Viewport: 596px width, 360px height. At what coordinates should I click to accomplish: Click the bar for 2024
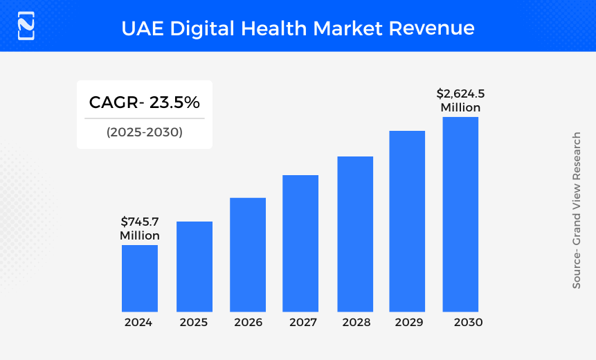coord(140,278)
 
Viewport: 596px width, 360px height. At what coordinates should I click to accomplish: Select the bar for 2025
coord(195,267)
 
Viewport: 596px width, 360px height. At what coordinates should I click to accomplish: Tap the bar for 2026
coord(248,255)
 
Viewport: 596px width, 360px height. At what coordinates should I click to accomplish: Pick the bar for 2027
coord(300,243)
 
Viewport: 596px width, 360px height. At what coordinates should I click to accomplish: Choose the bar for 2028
coord(355,234)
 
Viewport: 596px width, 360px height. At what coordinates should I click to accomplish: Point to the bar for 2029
coord(407,221)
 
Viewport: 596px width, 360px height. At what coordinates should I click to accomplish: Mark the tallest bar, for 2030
coord(460,214)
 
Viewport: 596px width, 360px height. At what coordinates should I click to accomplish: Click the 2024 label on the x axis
coord(138,323)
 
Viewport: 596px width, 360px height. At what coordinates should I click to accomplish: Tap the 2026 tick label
coord(248,323)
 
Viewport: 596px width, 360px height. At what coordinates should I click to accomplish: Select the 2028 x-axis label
coord(356,323)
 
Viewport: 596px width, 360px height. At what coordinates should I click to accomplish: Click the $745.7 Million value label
coord(140,228)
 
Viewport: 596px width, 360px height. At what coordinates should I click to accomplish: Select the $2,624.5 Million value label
coord(460,100)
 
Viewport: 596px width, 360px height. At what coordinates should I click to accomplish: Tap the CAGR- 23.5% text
coord(145,102)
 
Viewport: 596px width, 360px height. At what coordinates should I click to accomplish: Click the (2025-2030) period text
coord(145,132)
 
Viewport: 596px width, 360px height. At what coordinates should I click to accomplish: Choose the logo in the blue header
coord(26,26)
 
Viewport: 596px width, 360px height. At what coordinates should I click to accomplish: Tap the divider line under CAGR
coord(145,118)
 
